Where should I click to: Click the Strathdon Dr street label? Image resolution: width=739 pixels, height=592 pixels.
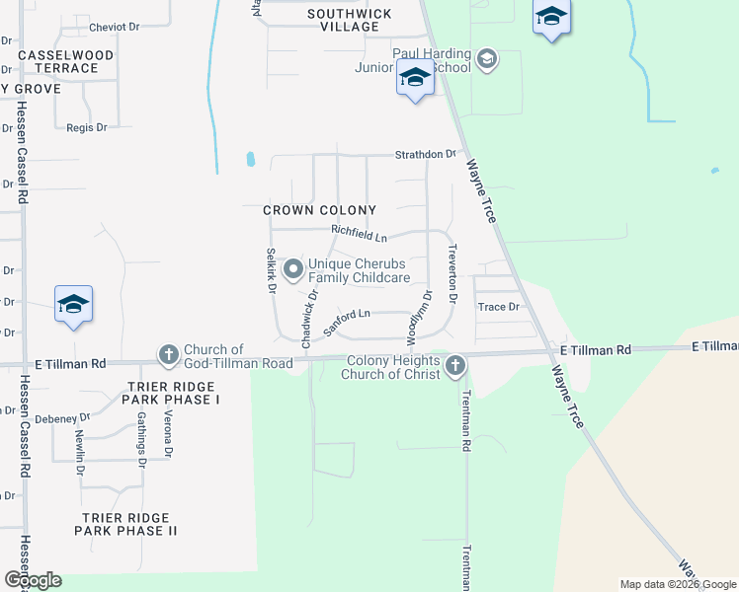pos(426,154)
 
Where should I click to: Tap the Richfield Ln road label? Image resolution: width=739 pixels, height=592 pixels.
pos(359,234)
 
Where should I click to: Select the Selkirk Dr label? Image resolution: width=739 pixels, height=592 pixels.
pos(269,269)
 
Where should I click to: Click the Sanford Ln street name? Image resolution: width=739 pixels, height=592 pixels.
pos(347,316)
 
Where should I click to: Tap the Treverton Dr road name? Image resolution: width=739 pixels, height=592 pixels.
pos(452,272)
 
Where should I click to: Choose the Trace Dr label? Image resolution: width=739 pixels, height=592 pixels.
pos(498,307)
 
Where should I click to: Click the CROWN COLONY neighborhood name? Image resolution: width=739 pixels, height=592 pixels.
pos(319,210)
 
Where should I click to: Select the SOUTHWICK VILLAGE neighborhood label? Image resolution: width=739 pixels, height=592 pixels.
pos(349,21)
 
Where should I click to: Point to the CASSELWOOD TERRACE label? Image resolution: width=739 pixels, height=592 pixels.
pos(66,61)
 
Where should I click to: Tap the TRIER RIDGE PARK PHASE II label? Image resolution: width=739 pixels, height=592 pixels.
pos(126,524)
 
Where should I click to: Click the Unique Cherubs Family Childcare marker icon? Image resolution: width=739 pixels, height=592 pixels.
pos(293,269)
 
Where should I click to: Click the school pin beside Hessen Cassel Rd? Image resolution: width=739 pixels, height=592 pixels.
pos(73,304)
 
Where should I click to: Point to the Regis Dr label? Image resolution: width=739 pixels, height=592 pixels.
pos(86,127)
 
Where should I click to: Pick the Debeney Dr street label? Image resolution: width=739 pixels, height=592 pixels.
pos(61,418)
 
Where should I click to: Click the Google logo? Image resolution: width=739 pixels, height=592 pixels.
pos(33,579)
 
